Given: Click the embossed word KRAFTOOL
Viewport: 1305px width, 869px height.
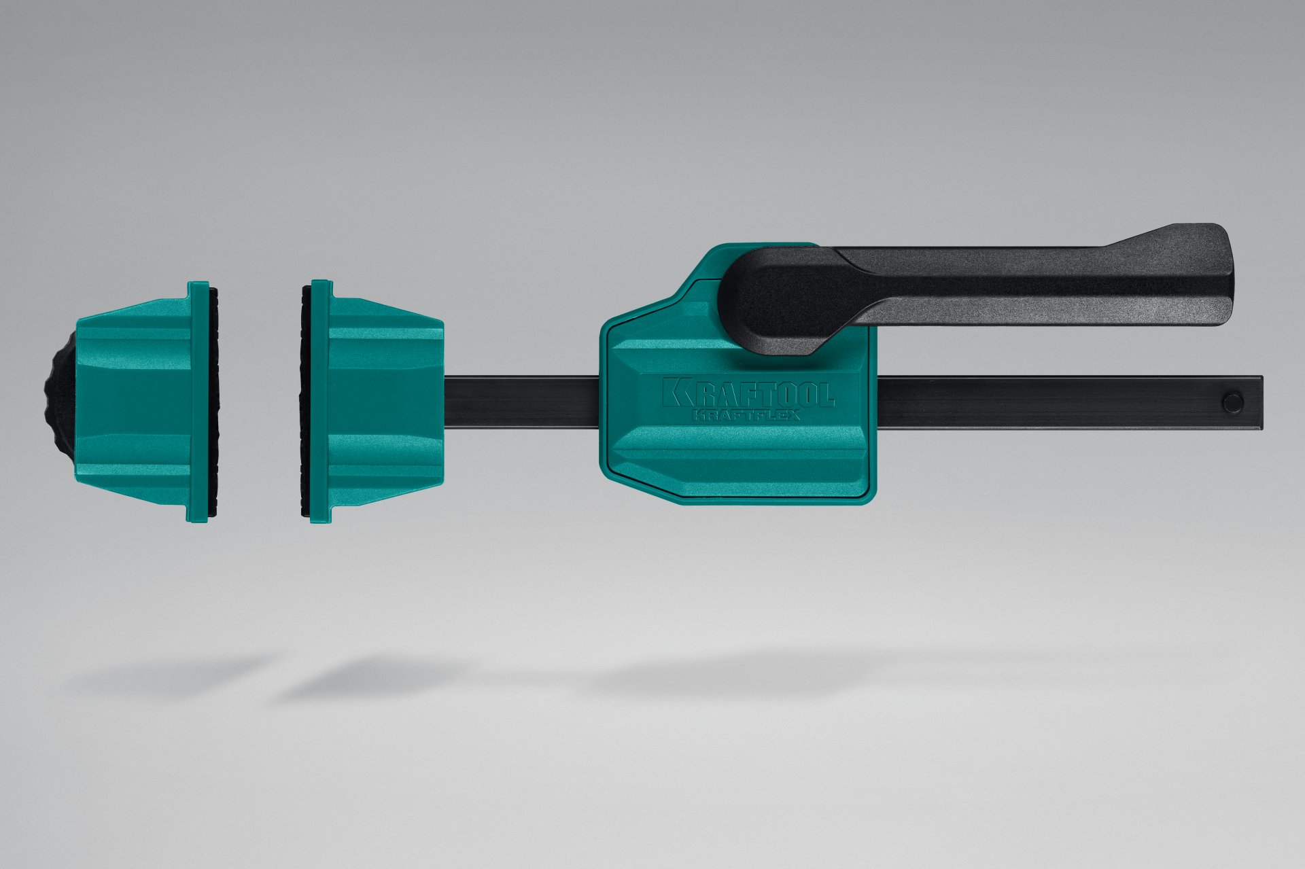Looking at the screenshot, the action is (749, 393).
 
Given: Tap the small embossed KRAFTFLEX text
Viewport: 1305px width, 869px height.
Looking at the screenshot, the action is (746, 414).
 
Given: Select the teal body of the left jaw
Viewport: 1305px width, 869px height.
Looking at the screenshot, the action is (133, 401).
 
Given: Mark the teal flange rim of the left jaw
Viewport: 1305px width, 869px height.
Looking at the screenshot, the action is (197, 401).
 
